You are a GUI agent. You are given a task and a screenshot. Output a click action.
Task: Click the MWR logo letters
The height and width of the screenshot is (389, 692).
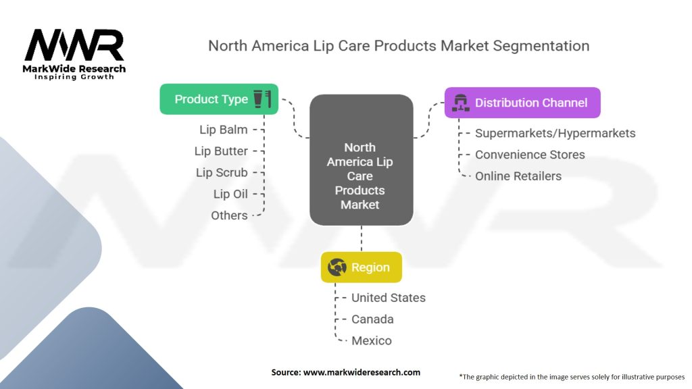pyautogui.click(x=74, y=45)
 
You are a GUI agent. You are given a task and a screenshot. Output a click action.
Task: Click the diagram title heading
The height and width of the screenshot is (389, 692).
pyautogui.click(x=399, y=46)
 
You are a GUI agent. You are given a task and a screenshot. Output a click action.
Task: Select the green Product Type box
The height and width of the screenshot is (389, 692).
pyautogui.click(x=219, y=99)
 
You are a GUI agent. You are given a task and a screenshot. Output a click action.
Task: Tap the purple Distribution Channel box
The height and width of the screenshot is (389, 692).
pyautogui.click(x=522, y=103)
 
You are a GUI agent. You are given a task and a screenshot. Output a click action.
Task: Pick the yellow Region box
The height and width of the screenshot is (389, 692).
pyautogui.click(x=362, y=267)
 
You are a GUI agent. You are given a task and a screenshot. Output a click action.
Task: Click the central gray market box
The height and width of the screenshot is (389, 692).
pyautogui.click(x=362, y=159)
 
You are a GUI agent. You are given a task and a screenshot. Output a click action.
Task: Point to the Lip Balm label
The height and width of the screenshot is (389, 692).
pyautogui.click(x=223, y=130)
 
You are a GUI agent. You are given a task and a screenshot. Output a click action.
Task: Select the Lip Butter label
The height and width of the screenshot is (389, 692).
pyautogui.click(x=221, y=151)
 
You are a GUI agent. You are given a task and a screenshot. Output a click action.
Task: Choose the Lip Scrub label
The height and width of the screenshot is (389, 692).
pyautogui.click(x=222, y=172)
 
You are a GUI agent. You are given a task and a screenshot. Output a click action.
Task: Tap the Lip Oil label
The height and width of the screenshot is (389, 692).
pyautogui.click(x=230, y=194)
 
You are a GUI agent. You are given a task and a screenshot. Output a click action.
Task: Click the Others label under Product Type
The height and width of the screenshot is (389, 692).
pyautogui.click(x=229, y=215)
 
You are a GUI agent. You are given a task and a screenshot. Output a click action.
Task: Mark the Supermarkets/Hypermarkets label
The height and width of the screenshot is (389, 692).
pyautogui.click(x=555, y=133)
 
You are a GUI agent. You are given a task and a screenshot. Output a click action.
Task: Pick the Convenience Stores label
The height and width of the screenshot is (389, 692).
pyautogui.click(x=530, y=155)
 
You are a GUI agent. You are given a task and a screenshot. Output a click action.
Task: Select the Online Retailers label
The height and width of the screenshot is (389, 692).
pyautogui.click(x=518, y=176)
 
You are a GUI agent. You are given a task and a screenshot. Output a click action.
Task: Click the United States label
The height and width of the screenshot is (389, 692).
pyautogui.click(x=389, y=298)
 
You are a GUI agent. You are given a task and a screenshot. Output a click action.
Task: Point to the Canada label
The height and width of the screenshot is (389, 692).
pyautogui.click(x=372, y=319)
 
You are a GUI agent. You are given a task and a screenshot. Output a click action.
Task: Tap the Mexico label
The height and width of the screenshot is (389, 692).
pyautogui.click(x=372, y=341)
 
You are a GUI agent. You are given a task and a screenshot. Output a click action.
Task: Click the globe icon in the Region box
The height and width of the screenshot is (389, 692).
pyautogui.click(x=337, y=267)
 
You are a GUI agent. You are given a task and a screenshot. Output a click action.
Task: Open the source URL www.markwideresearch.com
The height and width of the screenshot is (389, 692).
pyautogui.click(x=362, y=372)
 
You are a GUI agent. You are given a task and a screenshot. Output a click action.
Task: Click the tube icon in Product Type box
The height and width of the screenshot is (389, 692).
pyautogui.click(x=257, y=99)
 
